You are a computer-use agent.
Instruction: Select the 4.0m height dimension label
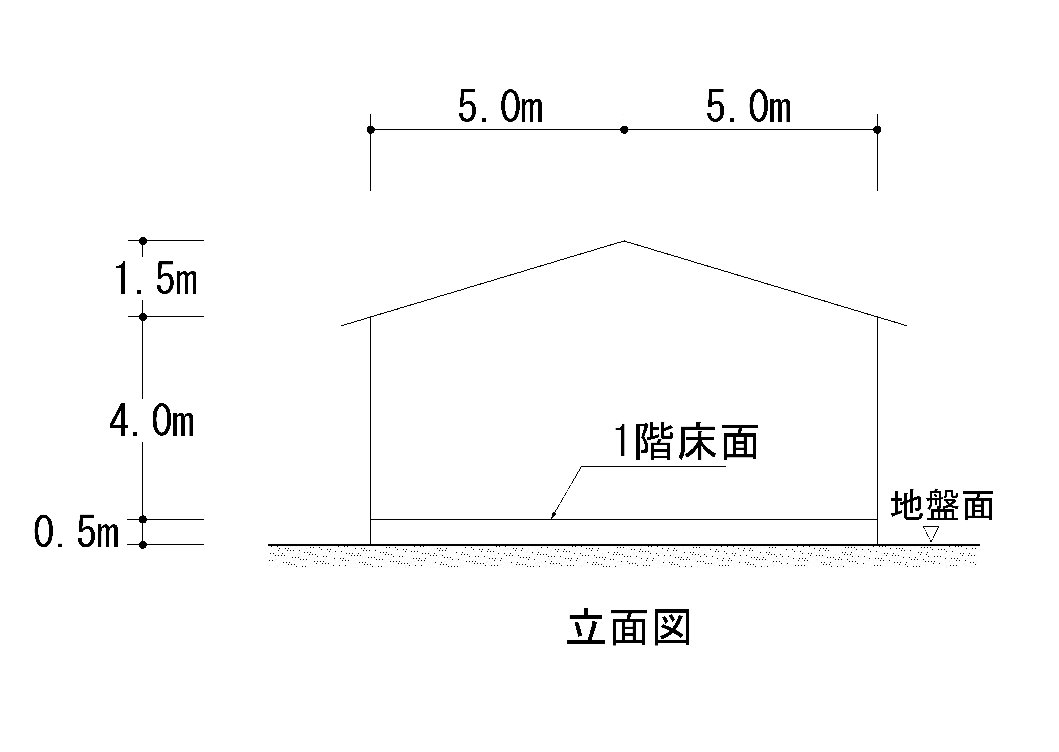pyautogui.click(x=152, y=420)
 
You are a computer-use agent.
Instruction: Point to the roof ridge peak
pyautogui.click(x=624, y=241)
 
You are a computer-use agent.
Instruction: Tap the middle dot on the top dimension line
pyautogui.click(x=624, y=130)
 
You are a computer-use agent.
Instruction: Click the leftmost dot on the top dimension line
pyautogui.click(x=371, y=130)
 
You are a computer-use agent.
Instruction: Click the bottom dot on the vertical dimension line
pyautogui.click(x=143, y=545)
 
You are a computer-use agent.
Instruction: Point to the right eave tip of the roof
pyautogui.click(x=906, y=325)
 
